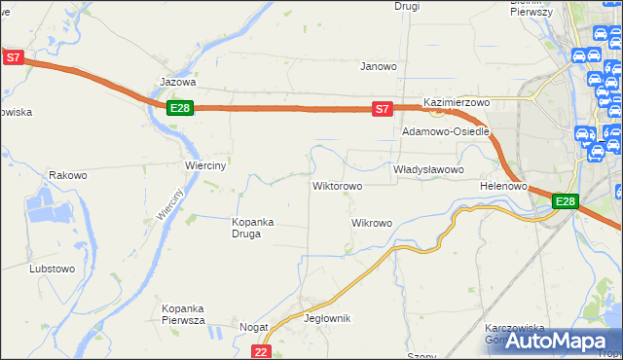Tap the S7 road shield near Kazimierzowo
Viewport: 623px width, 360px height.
(x=384, y=110)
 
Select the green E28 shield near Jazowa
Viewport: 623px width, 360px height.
(x=179, y=108)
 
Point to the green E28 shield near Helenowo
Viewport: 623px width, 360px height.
(x=566, y=201)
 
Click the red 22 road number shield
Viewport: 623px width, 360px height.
(x=260, y=351)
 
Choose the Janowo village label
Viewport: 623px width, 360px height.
(x=379, y=67)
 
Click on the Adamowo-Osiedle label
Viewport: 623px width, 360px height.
(x=445, y=131)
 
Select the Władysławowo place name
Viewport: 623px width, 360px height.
(x=427, y=169)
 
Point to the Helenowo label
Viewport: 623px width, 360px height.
(x=503, y=185)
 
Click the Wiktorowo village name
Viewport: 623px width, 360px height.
(x=337, y=185)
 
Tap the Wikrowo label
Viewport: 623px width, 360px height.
(x=371, y=223)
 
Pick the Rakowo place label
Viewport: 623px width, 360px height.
(x=68, y=176)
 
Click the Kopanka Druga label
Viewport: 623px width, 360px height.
(x=253, y=227)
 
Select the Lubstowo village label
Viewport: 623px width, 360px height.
(x=53, y=268)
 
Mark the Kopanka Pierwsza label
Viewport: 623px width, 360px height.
(x=182, y=314)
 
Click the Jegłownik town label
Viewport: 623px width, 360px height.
(x=327, y=318)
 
